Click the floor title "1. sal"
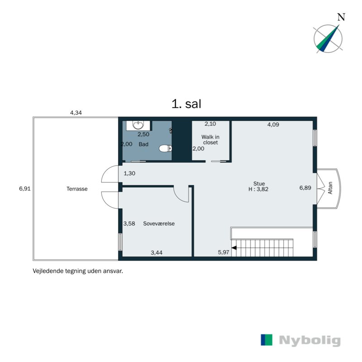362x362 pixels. [186, 104]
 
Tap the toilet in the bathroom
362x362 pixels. [166, 148]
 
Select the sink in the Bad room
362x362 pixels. [139, 125]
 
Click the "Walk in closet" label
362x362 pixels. [210, 139]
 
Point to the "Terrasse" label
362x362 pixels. [76, 189]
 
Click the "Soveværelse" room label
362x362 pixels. [159, 224]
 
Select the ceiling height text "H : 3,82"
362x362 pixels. [259, 189]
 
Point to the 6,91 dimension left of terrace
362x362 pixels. [24, 189]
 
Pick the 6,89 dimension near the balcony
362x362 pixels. [305, 187]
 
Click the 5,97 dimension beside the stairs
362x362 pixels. [223, 252]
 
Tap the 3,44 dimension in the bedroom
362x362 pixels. [157, 252]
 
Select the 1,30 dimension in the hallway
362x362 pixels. [129, 173]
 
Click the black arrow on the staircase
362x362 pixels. [234, 248]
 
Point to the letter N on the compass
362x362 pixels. [342, 18]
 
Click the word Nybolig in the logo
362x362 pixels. [310, 341]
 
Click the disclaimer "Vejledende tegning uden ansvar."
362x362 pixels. [78, 272]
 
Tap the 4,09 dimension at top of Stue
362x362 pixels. [273, 124]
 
